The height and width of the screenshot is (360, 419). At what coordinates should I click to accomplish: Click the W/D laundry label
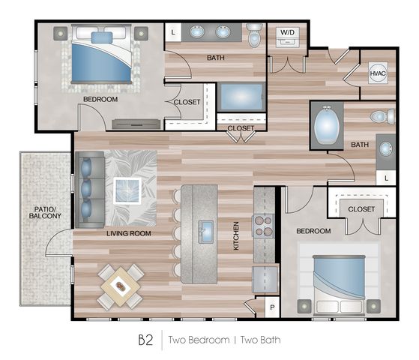pos(287,33)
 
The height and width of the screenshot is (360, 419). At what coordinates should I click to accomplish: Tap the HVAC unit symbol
pos(378,73)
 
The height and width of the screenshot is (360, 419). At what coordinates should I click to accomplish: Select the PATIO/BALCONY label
pos(45,212)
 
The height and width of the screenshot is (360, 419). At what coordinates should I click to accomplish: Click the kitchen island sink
pos(205,232)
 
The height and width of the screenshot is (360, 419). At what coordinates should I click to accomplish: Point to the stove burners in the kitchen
pos(263,226)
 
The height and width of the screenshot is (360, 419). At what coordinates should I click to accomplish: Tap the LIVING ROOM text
pos(129,233)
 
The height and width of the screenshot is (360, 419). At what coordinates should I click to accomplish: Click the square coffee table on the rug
pos(127,191)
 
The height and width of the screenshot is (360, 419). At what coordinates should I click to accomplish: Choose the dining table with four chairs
pos(121,286)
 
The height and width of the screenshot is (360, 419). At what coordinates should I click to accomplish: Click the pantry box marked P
pos(272,307)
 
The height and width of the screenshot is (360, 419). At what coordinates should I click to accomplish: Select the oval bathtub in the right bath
pos(327,125)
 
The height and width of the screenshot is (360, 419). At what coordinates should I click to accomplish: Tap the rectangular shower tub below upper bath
pos(241,97)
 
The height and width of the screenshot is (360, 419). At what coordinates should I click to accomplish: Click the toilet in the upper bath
pos(255,35)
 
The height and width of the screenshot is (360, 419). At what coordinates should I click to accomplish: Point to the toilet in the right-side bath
pos(382,116)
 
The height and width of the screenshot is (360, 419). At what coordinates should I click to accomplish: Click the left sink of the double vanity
pos(197,31)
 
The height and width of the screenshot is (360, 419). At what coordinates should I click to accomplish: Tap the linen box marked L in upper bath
pos(173,32)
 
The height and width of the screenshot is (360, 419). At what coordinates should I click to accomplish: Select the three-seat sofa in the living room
pos(90,190)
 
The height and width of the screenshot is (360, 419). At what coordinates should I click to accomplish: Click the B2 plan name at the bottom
pos(145,340)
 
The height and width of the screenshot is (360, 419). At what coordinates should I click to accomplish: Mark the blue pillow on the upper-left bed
pos(102,37)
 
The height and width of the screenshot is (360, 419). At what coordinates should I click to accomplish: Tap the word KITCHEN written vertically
pos(236,236)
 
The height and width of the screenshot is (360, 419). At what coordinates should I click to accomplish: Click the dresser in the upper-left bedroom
pos(136,124)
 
